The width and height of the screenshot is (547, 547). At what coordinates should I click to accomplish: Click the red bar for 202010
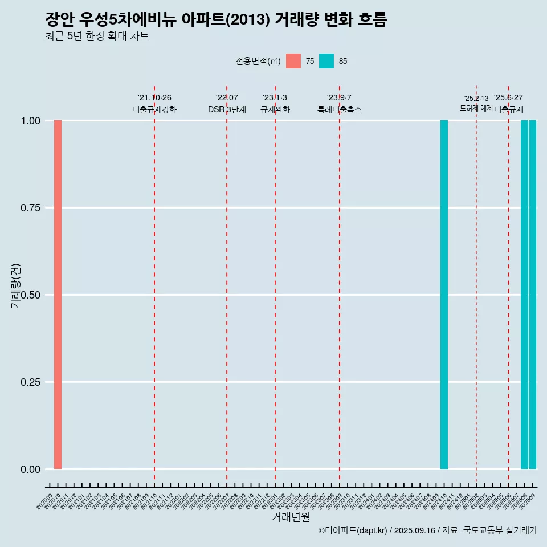58,295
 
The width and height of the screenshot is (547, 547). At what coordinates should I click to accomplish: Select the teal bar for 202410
444,295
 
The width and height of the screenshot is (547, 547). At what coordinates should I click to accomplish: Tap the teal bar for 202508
524,295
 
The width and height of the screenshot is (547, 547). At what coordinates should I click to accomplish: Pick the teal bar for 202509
533,295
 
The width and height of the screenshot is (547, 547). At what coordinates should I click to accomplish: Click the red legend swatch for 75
293,61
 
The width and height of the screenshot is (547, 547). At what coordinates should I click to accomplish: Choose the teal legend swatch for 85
326,61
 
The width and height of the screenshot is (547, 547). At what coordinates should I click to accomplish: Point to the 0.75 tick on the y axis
30,208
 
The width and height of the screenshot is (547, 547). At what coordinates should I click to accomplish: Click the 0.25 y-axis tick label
30,382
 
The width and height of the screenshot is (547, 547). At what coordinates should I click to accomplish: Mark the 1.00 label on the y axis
30,121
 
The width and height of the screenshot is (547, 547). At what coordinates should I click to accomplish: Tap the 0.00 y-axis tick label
30,470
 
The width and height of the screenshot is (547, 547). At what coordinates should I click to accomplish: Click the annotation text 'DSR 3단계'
227,109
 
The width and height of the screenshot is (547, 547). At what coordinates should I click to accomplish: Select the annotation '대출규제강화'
154,109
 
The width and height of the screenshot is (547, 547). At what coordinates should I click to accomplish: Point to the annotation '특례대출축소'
340,109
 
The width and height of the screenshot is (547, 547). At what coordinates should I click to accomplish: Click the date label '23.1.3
275,98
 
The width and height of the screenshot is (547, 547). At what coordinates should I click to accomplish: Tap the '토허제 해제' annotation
476,108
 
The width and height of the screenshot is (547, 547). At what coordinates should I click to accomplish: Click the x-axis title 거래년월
291,517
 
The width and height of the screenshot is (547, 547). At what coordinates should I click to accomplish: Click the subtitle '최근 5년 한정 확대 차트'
97,36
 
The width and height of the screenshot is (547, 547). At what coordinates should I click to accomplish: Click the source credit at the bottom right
427,530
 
